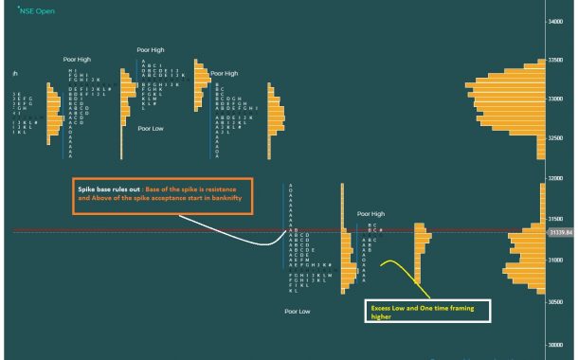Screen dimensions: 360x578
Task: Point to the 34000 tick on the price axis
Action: [x=558, y=19]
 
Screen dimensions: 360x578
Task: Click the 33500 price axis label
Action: [x=558, y=60]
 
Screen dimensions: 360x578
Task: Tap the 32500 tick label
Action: [x=558, y=138]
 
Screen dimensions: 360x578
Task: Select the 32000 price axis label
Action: [x=558, y=178]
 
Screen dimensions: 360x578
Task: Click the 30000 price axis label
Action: [x=558, y=345]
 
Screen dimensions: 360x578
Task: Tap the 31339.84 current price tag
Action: [x=561, y=230]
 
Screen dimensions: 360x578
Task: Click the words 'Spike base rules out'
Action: [x=108, y=190]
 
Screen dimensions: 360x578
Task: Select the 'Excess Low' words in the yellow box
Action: [x=388, y=308]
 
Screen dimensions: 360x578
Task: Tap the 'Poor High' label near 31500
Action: [x=370, y=214]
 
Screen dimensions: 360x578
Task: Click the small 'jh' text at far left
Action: [x=15, y=73]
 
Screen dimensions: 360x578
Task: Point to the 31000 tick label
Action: [x=558, y=260]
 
